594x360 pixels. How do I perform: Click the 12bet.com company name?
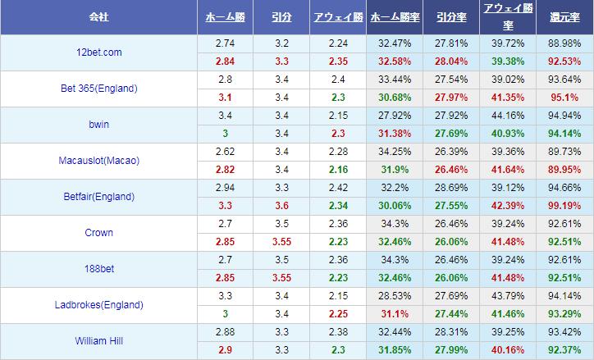(x=98, y=52)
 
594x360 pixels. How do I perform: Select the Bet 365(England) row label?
(x=98, y=89)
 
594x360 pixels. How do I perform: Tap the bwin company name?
(x=98, y=125)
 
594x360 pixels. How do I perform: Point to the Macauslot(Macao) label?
(x=98, y=161)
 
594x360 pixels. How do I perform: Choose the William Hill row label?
(x=98, y=341)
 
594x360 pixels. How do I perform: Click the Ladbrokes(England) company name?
(x=98, y=305)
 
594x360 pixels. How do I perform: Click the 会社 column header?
(x=98, y=17)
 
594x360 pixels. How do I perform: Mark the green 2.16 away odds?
(x=337, y=170)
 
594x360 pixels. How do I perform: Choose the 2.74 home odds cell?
(x=224, y=43)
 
